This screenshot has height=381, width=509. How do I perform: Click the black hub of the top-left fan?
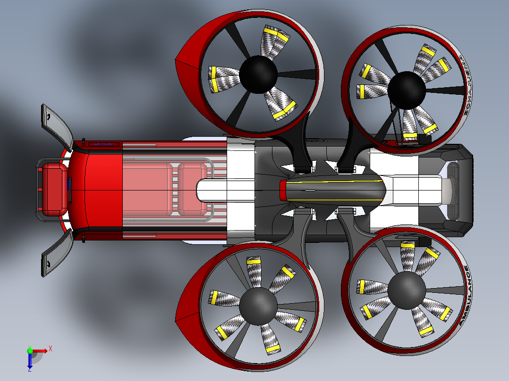(258, 74)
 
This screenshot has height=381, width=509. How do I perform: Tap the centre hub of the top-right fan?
(406, 90)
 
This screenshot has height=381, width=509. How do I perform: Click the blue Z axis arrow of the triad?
(30, 362)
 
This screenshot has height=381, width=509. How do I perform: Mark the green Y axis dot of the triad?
(30, 350)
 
